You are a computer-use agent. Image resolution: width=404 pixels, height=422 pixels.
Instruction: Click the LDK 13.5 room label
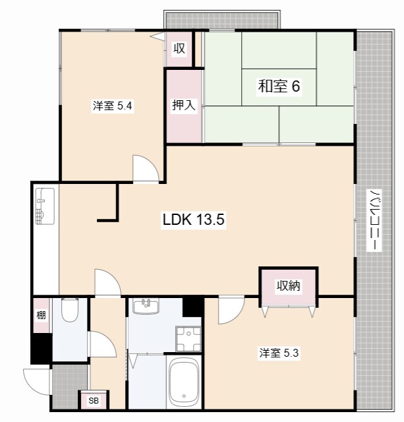pyautogui.click(x=193, y=220)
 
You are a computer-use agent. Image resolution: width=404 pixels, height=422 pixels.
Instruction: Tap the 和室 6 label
pyautogui.click(x=279, y=86)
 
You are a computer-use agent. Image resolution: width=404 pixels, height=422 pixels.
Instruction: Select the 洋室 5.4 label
pyautogui.click(x=113, y=105)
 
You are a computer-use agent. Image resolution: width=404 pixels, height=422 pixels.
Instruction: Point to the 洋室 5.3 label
pyautogui.click(x=279, y=353)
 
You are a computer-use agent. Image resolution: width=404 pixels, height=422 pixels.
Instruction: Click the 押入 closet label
pyautogui.click(x=184, y=105)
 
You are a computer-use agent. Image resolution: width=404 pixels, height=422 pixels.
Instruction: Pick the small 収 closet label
pyautogui.click(x=179, y=48)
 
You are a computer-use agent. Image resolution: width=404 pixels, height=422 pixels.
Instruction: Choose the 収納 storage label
pyautogui.click(x=289, y=286)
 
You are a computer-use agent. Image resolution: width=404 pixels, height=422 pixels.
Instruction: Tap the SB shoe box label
pyautogui.click(x=94, y=401)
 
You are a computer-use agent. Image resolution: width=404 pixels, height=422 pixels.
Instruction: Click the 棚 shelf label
pyautogui.click(x=41, y=315)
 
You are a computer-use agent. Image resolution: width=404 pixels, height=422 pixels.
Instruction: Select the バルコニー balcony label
pyautogui.click(x=374, y=220)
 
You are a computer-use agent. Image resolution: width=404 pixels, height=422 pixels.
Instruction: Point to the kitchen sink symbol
pyautogui.click(x=45, y=206)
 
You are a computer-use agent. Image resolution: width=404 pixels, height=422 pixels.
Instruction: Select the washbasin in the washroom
pyautogui.click(x=146, y=306)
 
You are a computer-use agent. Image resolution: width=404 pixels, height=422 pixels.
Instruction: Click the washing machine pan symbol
pyautogui.click(x=188, y=338)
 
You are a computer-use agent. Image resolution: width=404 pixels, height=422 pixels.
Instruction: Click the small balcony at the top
pyautogui.click(x=222, y=20)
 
